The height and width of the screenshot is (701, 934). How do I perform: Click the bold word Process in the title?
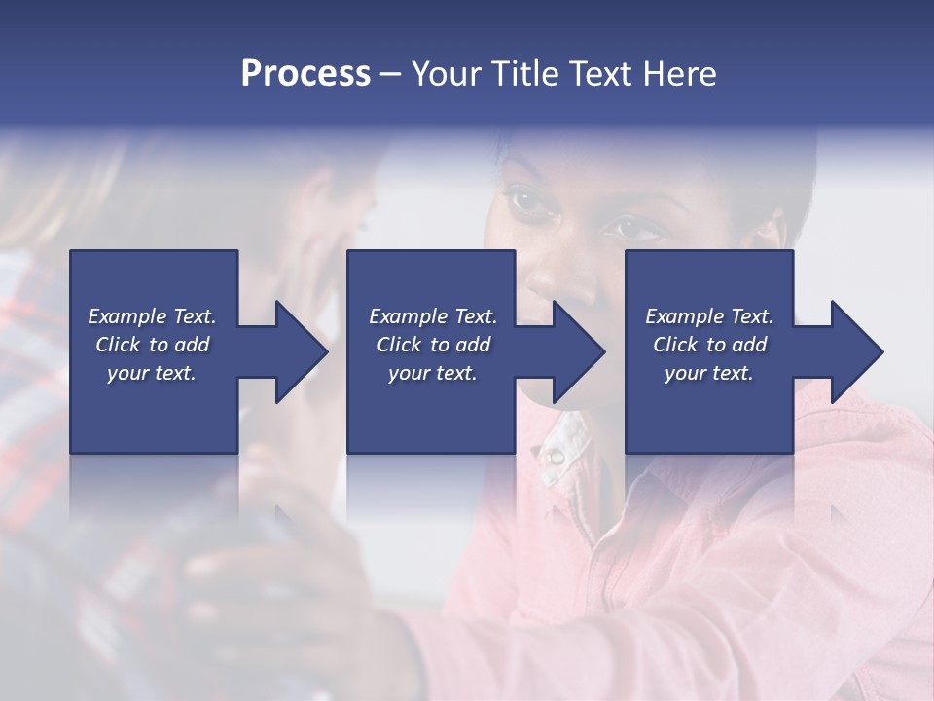point(305,74)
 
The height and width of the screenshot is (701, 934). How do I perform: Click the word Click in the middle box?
point(400,345)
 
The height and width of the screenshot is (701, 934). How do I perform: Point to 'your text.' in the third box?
point(708,373)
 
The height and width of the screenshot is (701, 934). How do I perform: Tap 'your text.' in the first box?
point(152,373)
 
